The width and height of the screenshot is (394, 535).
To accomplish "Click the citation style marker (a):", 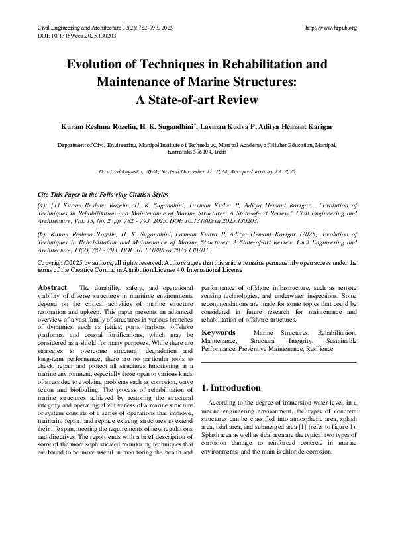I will [x=43, y=207].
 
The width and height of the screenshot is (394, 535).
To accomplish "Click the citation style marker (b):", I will [x=43, y=235].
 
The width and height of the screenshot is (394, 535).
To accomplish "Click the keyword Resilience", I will [x=319, y=348].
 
